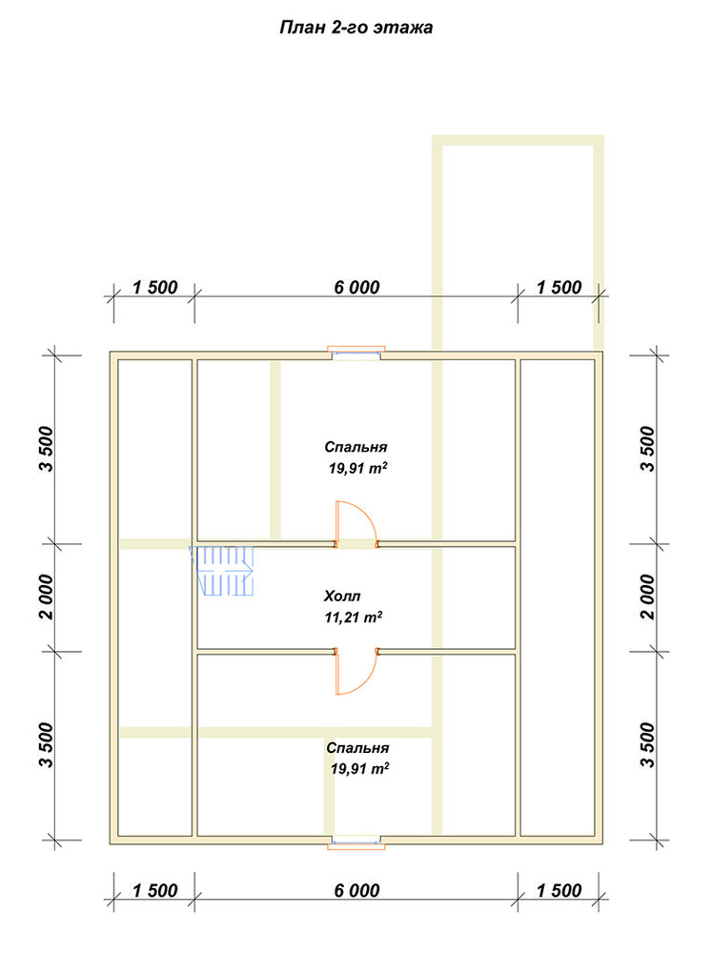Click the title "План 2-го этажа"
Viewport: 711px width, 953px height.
tap(356, 28)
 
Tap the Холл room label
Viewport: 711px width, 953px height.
tap(342, 596)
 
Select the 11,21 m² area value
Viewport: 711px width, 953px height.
tap(354, 618)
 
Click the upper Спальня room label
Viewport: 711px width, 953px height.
tap(355, 447)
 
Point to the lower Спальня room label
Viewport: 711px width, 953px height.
tap(357, 748)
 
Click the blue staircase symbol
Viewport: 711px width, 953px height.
tap(222, 571)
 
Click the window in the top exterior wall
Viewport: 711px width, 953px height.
tap(356, 353)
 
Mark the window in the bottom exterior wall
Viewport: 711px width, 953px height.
tap(356, 841)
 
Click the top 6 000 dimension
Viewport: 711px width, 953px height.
tap(356, 288)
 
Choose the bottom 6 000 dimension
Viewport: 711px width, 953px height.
tap(356, 891)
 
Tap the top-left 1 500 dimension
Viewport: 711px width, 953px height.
tap(155, 288)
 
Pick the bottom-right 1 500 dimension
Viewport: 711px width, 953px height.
tap(559, 891)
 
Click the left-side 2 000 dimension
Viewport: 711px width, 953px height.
tap(46, 597)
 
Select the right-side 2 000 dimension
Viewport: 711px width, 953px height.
tap(648, 597)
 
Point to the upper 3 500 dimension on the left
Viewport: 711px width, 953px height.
tap(46, 449)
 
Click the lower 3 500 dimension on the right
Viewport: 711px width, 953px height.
tap(648, 745)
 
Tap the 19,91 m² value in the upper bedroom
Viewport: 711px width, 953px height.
tap(358, 469)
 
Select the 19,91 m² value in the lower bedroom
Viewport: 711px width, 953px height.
tap(359, 769)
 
